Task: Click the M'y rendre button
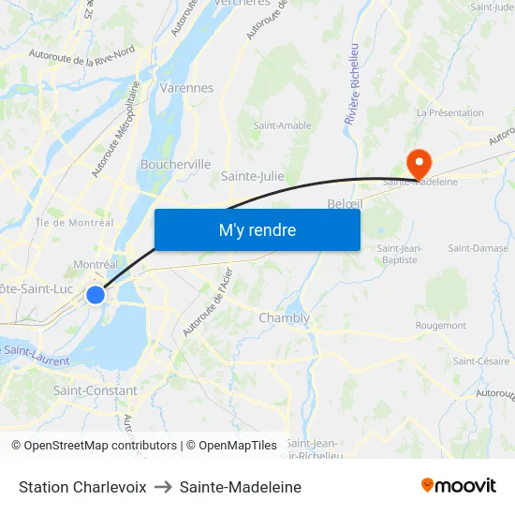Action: [257, 229]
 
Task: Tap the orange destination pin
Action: [419, 163]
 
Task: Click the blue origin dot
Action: [96, 295]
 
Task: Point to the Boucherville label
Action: [175, 164]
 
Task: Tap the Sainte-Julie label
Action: [253, 175]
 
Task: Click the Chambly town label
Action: [284, 317]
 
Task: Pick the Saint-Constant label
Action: [95, 390]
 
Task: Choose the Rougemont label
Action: [440, 326]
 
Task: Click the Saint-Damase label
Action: [478, 248]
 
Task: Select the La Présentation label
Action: [449, 112]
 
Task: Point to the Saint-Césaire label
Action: [481, 361]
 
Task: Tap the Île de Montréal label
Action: [74, 223]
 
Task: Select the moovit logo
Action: [459, 486]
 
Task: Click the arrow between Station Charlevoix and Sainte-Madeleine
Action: [163, 487]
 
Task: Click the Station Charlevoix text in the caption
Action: [82, 487]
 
